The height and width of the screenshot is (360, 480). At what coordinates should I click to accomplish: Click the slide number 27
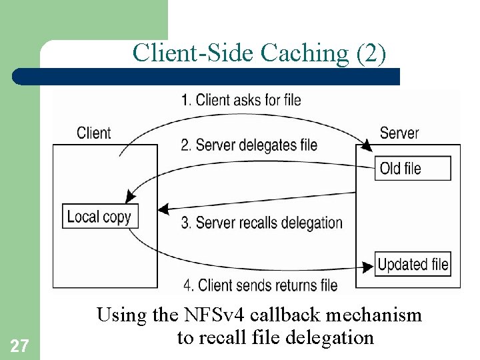(x=20, y=345)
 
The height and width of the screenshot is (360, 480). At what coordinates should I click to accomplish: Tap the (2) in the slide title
(x=371, y=53)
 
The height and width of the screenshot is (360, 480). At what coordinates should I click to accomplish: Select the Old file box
(x=413, y=168)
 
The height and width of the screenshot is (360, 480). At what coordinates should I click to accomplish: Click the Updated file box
(x=413, y=264)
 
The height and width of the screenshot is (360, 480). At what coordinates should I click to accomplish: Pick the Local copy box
(x=99, y=217)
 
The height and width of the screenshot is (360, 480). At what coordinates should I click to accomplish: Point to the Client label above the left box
(x=94, y=133)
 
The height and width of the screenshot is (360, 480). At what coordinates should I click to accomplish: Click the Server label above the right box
(x=399, y=133)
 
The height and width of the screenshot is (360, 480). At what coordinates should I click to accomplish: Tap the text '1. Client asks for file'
(x=241, y=100)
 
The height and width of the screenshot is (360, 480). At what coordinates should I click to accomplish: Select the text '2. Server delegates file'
(x=249, y=145)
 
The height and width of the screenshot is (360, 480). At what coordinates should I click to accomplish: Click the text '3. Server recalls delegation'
(x=261, y=223)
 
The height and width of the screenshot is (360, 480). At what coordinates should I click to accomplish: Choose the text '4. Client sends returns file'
(x=260, y=285)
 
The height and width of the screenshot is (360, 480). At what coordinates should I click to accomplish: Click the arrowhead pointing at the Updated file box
(x=367, y=266)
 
